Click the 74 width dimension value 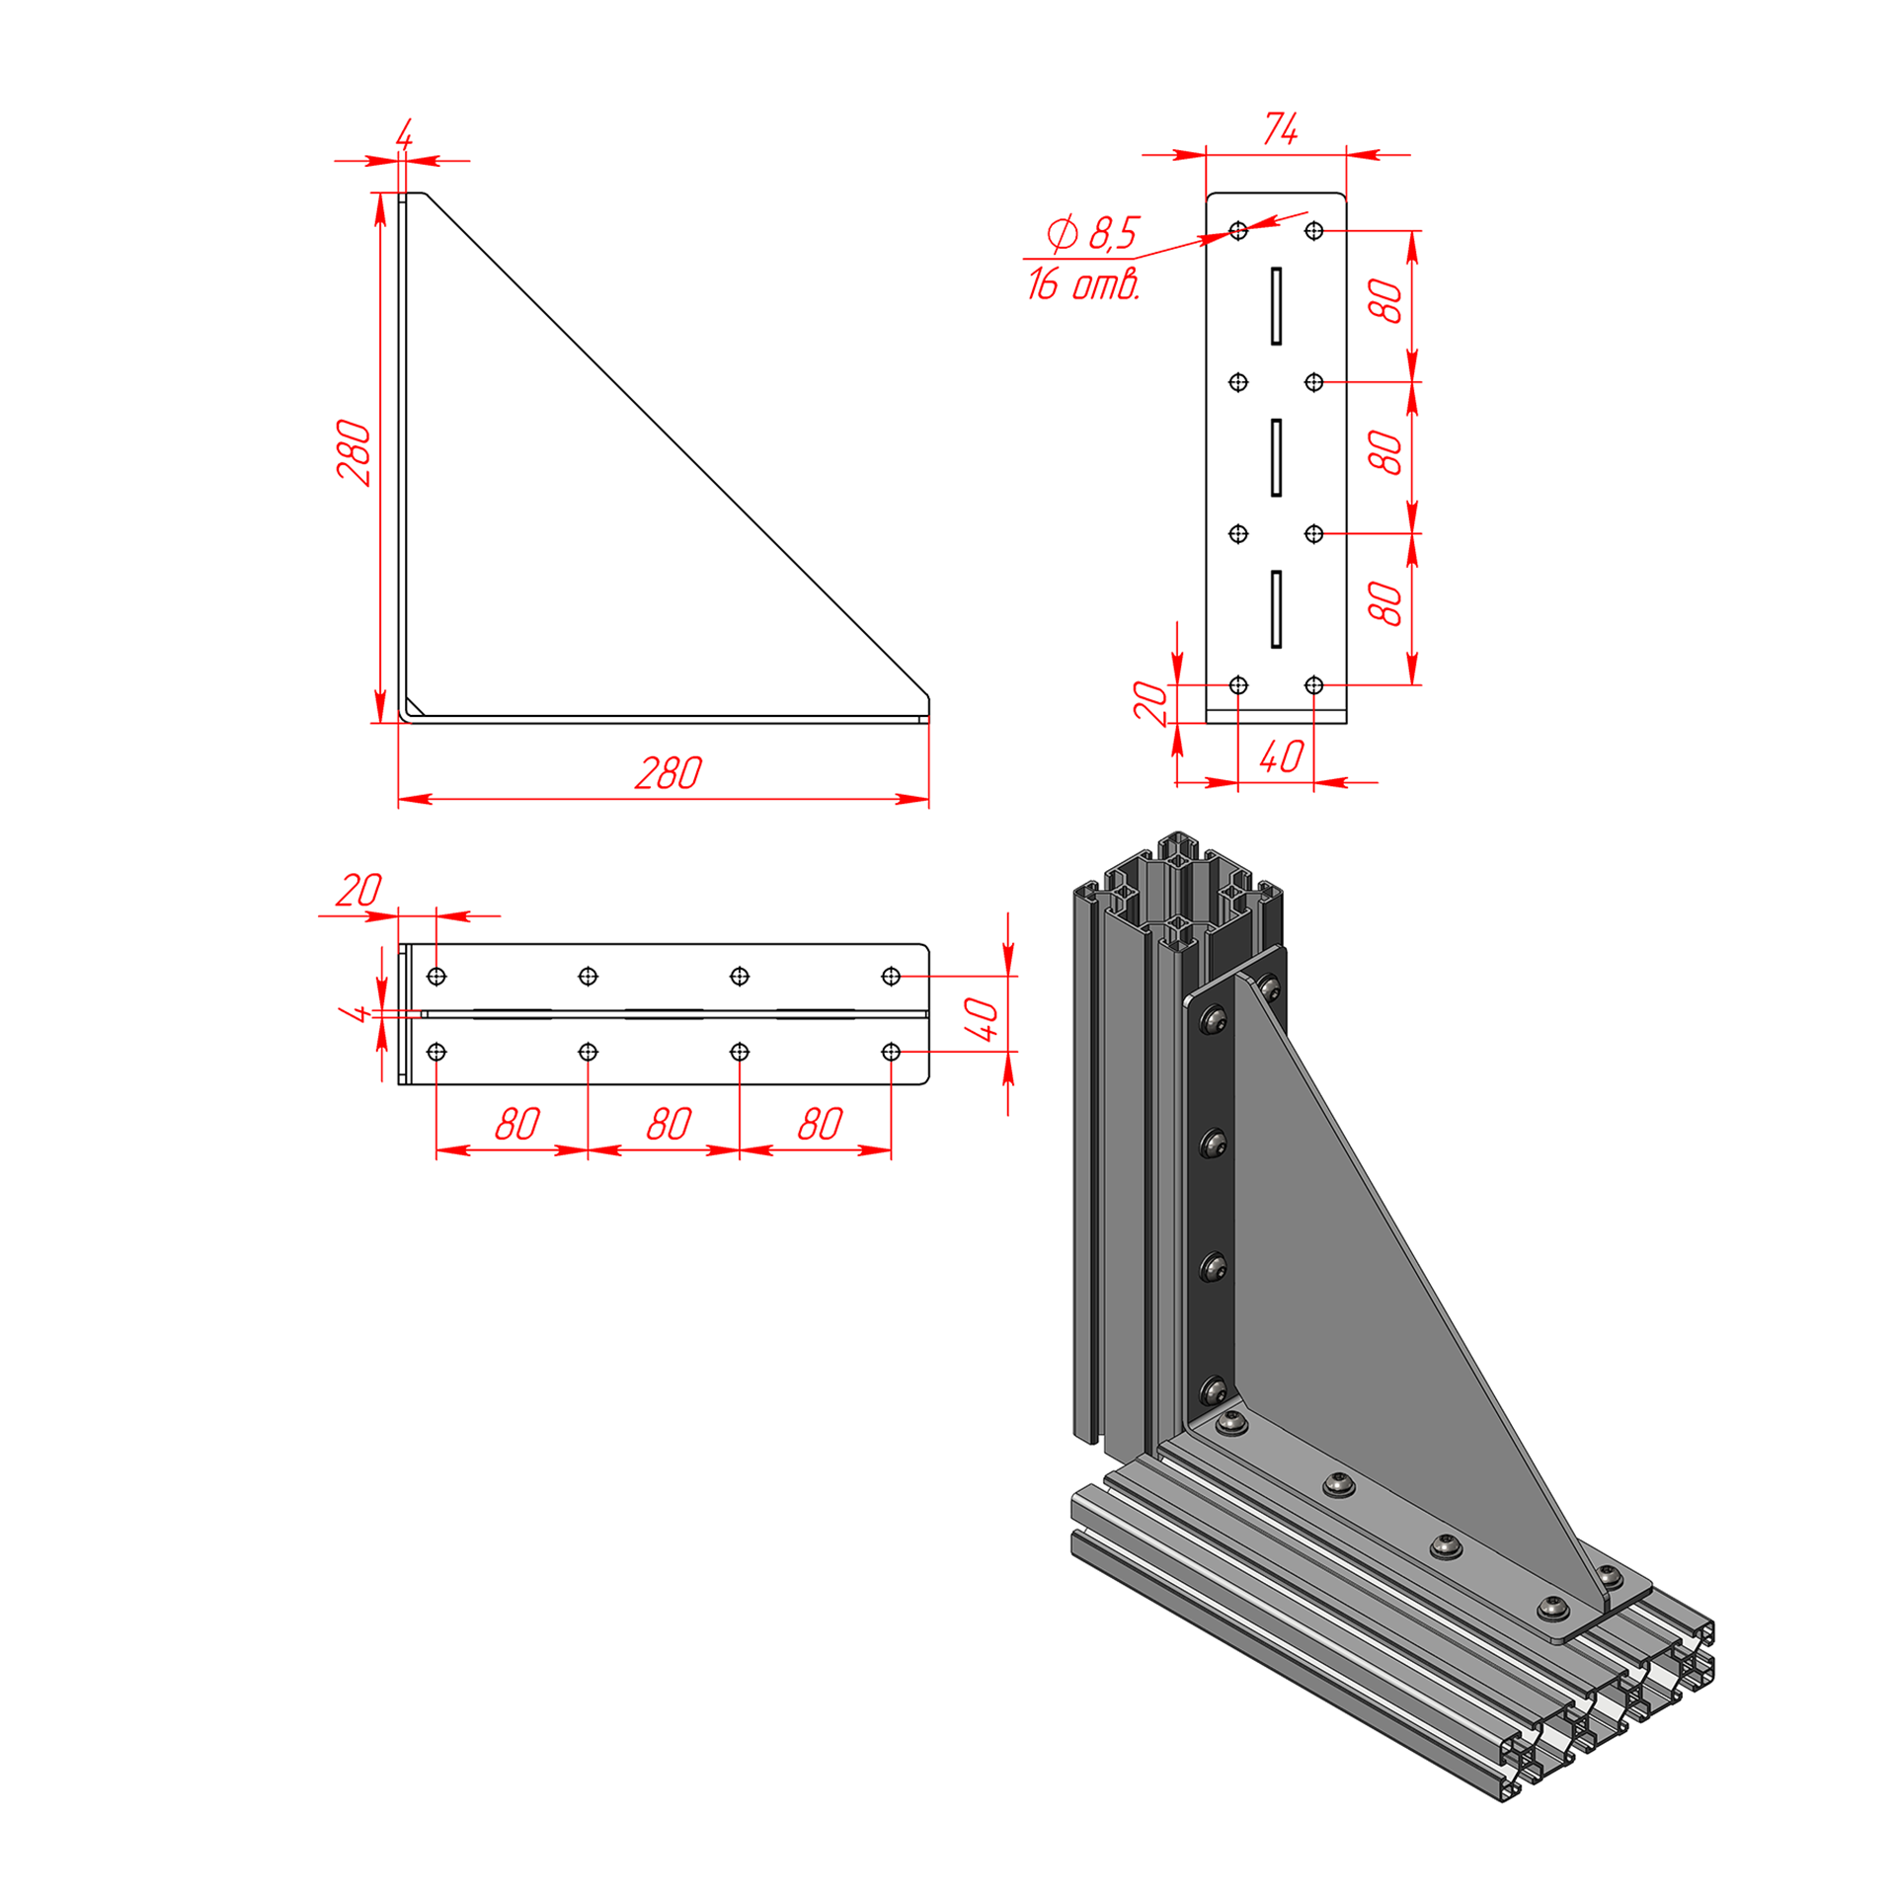[x=1281, y=129]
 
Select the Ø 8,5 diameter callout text [x=1093, y=234]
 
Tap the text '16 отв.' [x=1083, y=283]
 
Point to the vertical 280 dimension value [x=354, y=452]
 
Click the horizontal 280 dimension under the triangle [x=669, y=773]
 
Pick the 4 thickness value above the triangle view [x=404, y=134]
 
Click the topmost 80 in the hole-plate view [x=1385, y=301]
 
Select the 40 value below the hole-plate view [x=1282, y=757]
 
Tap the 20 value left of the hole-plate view [x=1150, y=702]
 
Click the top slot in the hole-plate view [x=1276, y=306]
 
